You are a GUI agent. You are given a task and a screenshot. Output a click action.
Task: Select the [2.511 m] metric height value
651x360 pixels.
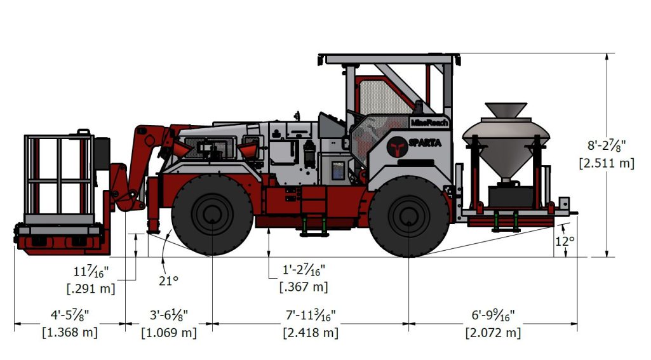click(x=607, y=163)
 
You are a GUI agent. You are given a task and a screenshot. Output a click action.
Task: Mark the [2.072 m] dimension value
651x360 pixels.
click(x=493, y=332)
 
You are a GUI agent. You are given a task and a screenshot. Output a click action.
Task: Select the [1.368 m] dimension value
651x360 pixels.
click(x=69, y=332)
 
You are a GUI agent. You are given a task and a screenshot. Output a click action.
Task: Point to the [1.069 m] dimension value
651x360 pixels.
click(x=168, y=332)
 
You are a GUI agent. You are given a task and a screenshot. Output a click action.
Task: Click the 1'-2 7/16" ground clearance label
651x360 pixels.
click(x=304, y=270)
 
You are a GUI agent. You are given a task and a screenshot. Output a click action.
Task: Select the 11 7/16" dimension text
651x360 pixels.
click(x=90, y=272)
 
